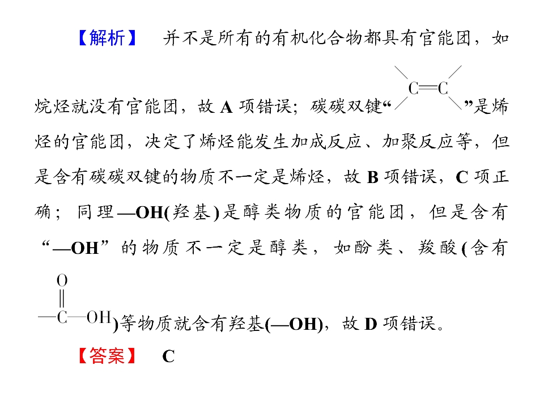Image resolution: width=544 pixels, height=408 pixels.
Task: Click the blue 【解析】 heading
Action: click(107, 37)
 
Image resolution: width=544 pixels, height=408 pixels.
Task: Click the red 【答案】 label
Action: click(107, 355)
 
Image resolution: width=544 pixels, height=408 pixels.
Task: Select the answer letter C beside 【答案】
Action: click(168, 356)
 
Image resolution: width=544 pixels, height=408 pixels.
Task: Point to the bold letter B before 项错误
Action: click(372, 177)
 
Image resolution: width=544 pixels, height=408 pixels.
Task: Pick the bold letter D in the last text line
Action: click(371, 324)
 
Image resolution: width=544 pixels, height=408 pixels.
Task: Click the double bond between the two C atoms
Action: click(428, 88)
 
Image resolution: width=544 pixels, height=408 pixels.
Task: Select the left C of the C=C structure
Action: click(413, 88)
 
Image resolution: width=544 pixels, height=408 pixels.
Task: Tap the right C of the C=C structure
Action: click(443, 88)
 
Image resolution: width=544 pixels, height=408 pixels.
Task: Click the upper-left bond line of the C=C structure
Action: click(401, 73)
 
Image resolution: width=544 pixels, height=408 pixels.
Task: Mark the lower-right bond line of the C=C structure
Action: click(455, 103)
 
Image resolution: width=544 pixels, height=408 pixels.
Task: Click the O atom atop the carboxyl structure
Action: click(62, 280)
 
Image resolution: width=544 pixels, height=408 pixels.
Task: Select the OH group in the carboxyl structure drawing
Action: click(99, 317)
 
